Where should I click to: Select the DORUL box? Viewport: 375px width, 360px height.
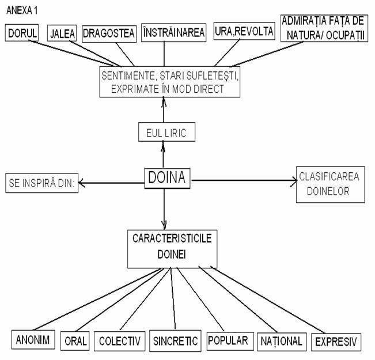[x=22, y=33]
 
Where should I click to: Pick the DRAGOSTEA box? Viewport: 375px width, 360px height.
[x=108, y=33]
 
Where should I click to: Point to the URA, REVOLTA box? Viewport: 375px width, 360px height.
[x=244, y=32]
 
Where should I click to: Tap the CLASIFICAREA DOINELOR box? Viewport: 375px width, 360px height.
[x=331, y=185]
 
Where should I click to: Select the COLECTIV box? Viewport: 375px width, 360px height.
[x=119, y=340]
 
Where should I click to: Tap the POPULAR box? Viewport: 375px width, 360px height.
[x=229, y=340]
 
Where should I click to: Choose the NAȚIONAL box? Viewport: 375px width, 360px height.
[x=281, y=340]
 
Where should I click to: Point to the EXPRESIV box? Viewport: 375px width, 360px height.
[x=337, y=341]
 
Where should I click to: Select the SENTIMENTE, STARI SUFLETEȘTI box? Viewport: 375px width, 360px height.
[x=169, y=82]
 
